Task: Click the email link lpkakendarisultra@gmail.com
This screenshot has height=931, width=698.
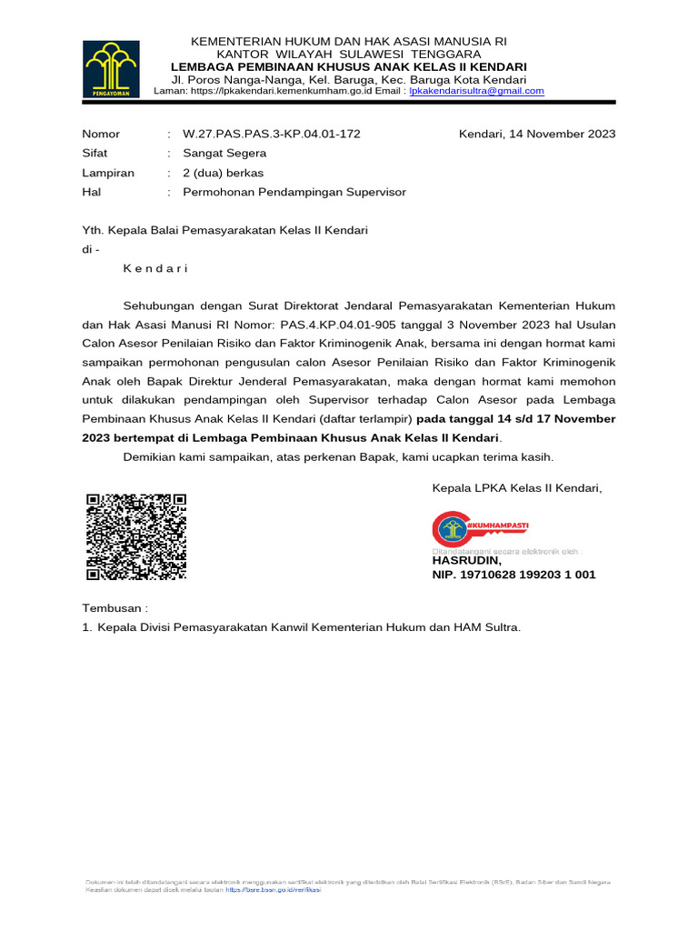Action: pos(476,91)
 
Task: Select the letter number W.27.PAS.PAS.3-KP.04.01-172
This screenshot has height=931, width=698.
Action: pos(272,134)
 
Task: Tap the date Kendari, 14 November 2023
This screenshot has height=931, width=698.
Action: pos(537,134)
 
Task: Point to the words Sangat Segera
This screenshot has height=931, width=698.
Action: pos(224,153)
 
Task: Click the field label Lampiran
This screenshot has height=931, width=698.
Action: pos(108,173)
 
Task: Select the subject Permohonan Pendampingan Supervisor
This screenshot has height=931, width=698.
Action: pos(294,192)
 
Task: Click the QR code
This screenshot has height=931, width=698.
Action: pos(135,536)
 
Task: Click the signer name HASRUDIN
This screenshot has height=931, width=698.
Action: pos(466,561)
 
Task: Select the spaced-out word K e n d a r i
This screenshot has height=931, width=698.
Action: pos(155,268)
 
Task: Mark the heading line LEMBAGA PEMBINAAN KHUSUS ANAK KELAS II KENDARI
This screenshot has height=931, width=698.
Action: pos(350,66)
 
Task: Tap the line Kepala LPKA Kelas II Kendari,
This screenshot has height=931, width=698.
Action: pos(517,488)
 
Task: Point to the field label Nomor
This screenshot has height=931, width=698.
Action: pos(101,134)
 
